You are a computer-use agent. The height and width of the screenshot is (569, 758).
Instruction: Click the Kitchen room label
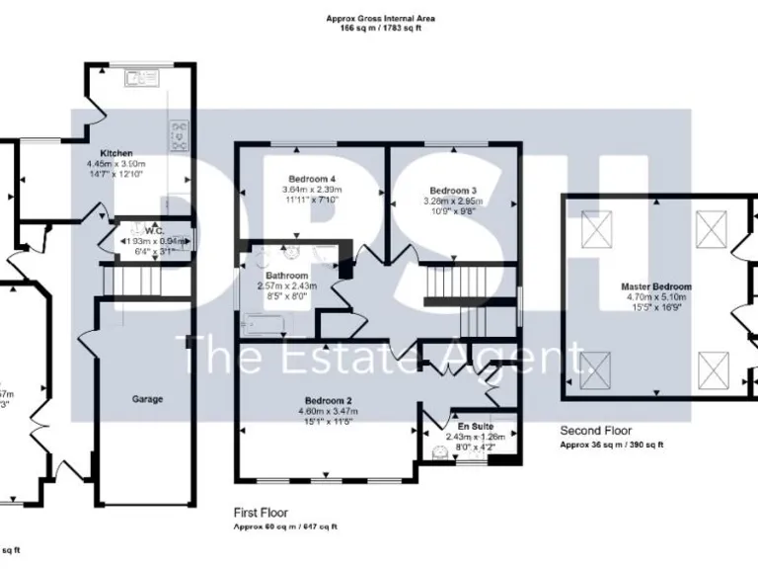click(115, 154)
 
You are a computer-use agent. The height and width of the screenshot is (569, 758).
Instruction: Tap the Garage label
click(147, 399)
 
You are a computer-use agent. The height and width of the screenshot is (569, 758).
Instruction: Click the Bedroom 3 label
click(453, 190)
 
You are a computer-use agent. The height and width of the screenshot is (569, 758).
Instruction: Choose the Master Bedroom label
click(656, 286)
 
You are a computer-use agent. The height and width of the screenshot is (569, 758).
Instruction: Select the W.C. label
click(151, 229)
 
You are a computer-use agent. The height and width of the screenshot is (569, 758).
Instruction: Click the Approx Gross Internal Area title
click(379, 19)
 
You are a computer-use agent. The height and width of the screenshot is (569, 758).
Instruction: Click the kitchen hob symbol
click(180, 134)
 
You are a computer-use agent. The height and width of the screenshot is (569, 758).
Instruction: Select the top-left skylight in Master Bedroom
click(596, 230)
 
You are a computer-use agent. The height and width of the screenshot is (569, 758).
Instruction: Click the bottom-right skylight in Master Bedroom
click(713, 370)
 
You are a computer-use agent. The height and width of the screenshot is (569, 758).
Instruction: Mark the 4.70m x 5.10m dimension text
click(656, 296)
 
